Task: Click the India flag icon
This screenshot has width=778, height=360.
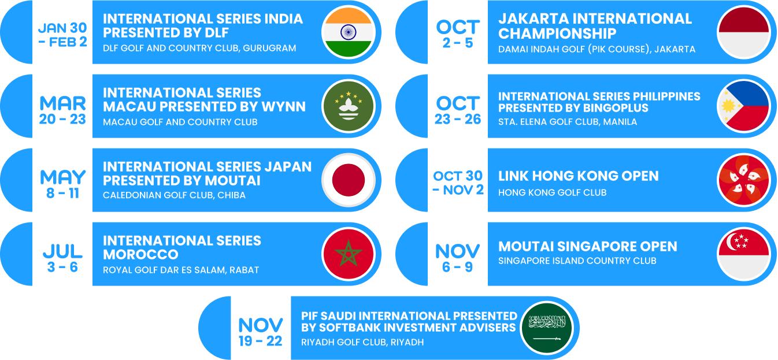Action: [349, 32]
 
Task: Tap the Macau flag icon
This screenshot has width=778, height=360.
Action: [349, 106]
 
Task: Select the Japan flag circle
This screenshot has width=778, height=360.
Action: [349, 180]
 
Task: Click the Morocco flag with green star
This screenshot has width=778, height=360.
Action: [349, 254]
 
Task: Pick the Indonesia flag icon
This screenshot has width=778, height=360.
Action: [743, 32]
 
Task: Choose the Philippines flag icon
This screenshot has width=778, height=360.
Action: [743, 106]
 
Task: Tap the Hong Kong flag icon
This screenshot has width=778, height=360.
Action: [743, 180]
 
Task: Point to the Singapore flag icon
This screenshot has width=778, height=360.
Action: [743, 254]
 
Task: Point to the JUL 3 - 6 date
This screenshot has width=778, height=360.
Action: [62, 258]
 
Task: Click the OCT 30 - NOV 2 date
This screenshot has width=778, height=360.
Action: [458, 183]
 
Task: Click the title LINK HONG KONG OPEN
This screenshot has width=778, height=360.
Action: [578, 176]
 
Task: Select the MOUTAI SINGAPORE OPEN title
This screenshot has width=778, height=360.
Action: [587, 247]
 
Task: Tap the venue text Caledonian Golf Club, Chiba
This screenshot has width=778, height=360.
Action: [174, 195]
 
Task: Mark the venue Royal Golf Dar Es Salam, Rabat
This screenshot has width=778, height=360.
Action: [181, 270]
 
